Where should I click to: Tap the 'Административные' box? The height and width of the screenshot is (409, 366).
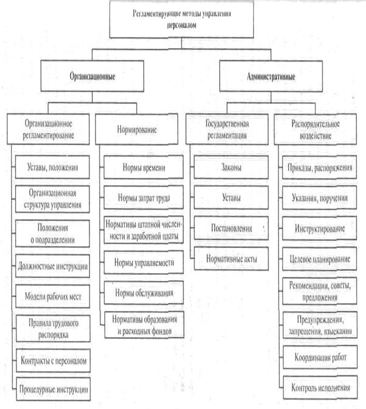(271, 79)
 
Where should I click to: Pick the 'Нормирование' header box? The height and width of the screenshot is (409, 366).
(135, 130)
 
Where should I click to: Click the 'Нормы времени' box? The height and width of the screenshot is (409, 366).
(141, 167)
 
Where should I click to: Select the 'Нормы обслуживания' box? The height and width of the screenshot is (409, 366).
(141, 292)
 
